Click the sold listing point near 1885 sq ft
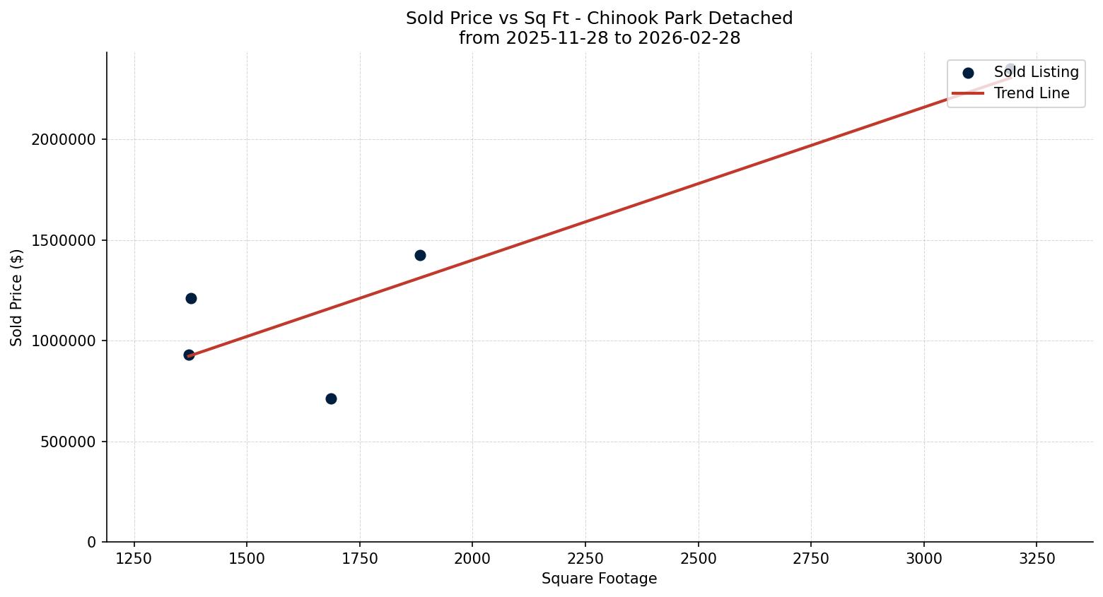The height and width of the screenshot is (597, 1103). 420,255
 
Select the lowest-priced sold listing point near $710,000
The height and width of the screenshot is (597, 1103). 331,398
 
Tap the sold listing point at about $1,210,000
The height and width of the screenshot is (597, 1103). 191,298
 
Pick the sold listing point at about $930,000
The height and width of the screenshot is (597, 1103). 189,355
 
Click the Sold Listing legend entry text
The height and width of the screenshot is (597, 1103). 1036,72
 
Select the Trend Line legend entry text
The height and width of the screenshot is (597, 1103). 1031,93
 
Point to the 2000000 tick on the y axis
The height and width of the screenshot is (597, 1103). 64,140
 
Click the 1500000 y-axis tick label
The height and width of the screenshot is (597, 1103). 64,240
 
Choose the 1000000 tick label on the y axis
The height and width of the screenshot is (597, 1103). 64,341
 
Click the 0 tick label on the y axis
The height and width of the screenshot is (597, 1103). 92,543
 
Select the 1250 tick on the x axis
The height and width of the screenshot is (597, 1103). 134,559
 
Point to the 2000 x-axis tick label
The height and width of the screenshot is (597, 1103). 472,559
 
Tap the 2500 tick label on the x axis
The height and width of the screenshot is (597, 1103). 698,559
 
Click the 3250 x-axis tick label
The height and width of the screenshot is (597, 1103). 1037,559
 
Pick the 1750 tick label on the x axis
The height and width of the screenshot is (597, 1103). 359,559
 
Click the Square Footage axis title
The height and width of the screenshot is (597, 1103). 599,579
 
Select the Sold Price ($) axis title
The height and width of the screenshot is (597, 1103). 17,297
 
